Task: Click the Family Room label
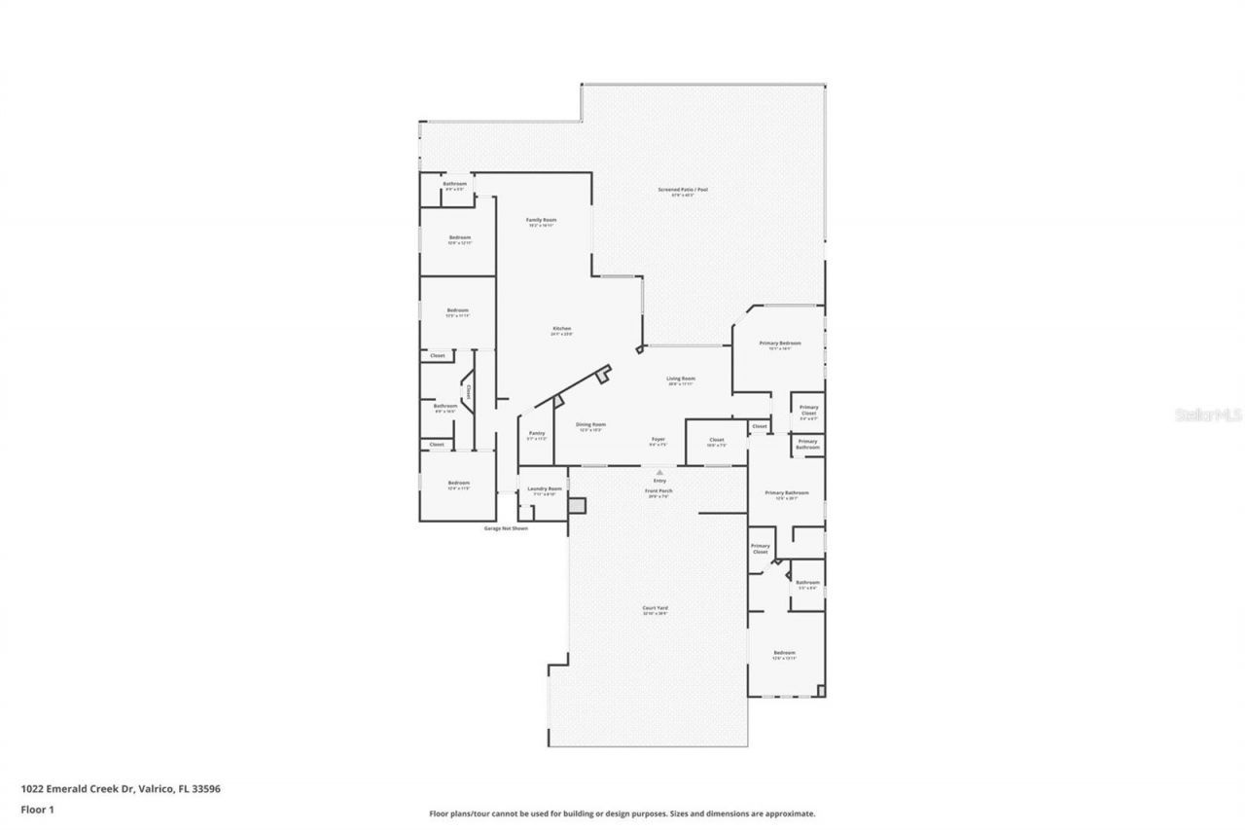pyautogui.click(x=541, y=220)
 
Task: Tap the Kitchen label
pyautogui.click(x=562, y=329)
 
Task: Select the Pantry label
pyautogui.click(x=537, y=433)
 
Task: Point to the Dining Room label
pyautogui.click(x=591, y=424)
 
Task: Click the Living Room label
pyautogui.click(x=681, y=379)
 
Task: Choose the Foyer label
pyautogui.click(x=658, y=440)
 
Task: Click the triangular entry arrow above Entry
pyautogui.click(x=660, y=473)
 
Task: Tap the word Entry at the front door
pyautogui.click(x=660, y=481)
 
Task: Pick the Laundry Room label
pyautogui.click(x=544, y=488)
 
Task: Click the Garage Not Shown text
pyautogui.click(x=506, y=528)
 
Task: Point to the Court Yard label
pyautogui.click(x=655, y=608)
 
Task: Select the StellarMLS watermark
pyautogui.click(x=1209, y=414)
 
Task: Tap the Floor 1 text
pyautogui.click(x=38, y=809)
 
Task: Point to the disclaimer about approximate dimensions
pyautogui.click(x=622, y=813)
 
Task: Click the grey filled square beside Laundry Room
pyautogui.click(x=577, y=505)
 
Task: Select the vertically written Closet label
pyautogui.click(x=468, y=392)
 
